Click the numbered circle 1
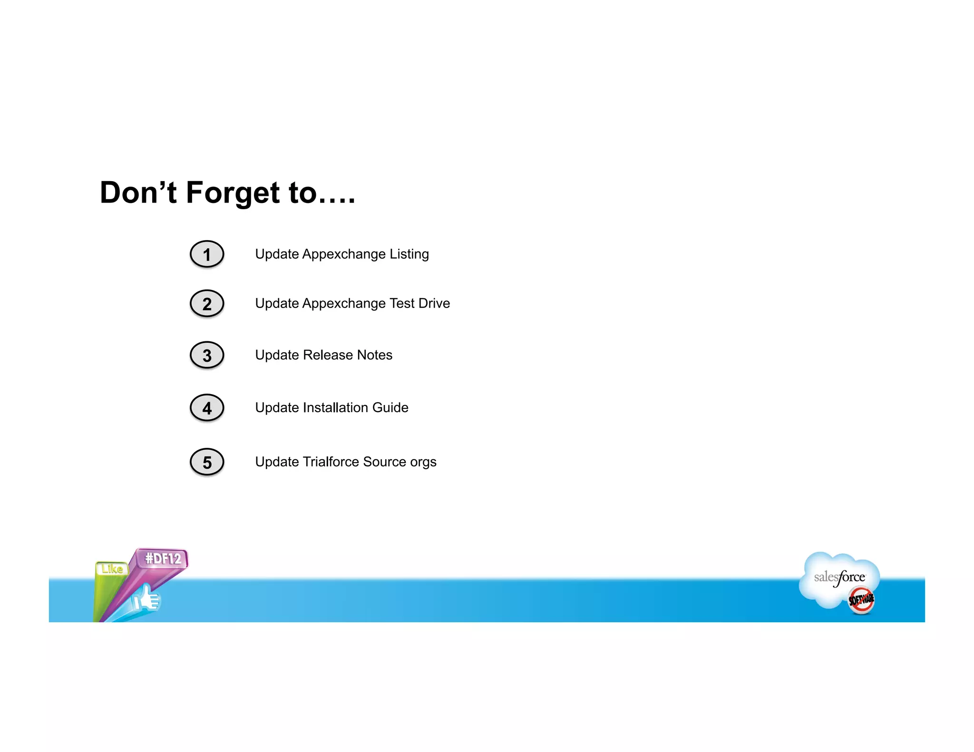click(207, 254)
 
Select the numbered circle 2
click(207, 304)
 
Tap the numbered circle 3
click(207, 355)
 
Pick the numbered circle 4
click(207, 408)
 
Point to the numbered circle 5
click(207, 462)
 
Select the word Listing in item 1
click(409, 254)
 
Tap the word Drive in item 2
click(434, 303)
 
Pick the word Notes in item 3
click(374, 355)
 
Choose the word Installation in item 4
click(335, 407)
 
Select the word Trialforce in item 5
click(331, 462)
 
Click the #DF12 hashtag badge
click(163, 559)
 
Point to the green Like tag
click(112, 569)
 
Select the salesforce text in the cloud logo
click(839, 578)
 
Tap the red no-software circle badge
click(861, 600)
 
